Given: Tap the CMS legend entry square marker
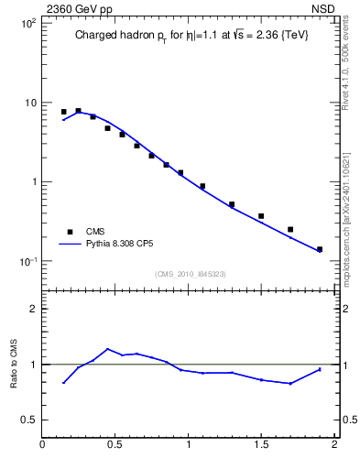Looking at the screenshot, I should (68, 232).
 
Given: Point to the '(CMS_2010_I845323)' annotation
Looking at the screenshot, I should (189, 274).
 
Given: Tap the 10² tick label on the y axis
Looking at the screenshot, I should (27, 23).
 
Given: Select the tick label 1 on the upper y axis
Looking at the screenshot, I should (33, 181).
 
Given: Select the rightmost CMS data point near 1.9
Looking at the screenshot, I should (320, 249).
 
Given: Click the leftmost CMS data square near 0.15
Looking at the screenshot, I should (64, 112).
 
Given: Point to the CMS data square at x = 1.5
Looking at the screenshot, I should (261, 216).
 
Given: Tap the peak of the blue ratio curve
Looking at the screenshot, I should (108, 349).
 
